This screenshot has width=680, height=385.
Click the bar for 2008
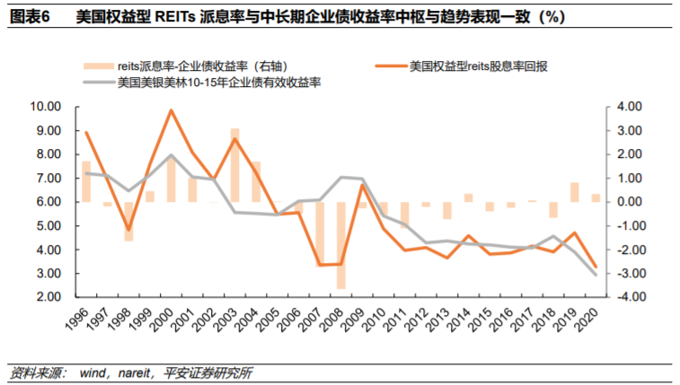[341, 244]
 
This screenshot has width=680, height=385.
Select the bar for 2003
[234, 165]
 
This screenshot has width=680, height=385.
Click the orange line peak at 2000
[171, 110]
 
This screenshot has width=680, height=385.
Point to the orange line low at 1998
[128, 231]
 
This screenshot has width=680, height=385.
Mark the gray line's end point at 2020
[595, 275]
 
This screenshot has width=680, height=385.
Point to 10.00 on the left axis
[45, 107]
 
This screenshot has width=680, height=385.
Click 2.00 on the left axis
[48, 297]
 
